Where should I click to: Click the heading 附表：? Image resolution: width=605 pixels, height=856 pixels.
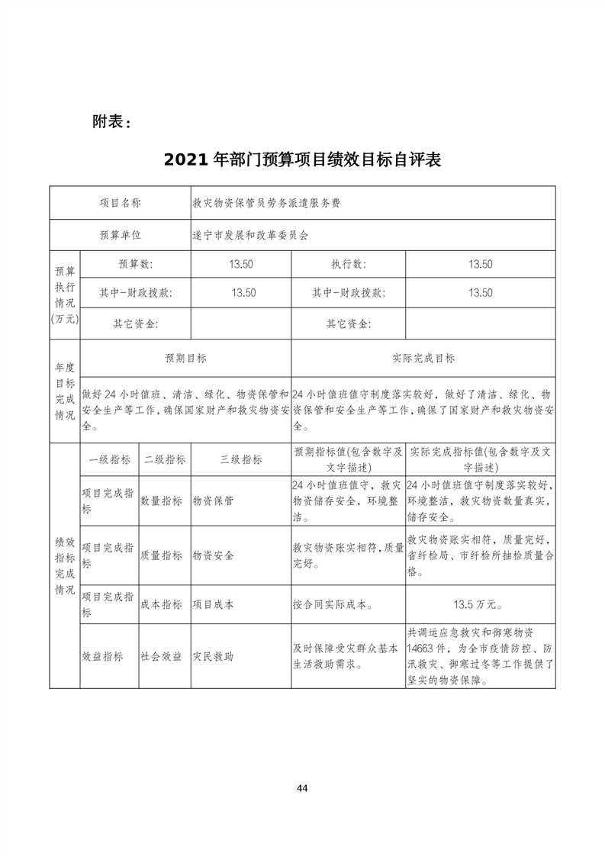pos(111,121)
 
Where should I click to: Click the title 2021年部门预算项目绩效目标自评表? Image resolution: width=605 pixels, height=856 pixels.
pos(303,160)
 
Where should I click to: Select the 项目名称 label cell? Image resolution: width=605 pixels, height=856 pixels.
pos(121,203)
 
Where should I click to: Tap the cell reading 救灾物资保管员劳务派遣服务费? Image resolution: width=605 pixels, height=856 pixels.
pos(266,203)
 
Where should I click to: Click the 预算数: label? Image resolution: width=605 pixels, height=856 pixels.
pos(135,264)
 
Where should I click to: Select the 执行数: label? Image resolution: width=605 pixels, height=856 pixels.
pos(348,264)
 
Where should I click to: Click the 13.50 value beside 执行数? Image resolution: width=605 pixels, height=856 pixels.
pos(480,264)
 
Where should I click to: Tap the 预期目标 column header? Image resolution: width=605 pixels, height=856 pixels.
pos(185,358)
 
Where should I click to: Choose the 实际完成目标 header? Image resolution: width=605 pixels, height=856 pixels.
pos(423,358)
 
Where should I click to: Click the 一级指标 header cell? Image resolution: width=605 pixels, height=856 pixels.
pos(109,460)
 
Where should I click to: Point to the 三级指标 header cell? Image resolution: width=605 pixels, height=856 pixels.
pos(241,460)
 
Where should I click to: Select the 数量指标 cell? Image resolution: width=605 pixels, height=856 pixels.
pos(161,501)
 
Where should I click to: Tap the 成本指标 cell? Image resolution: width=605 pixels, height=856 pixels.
pos(161,604)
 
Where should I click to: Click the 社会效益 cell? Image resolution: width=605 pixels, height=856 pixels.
pos(161,656)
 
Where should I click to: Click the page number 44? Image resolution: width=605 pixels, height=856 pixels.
pos(303,787)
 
